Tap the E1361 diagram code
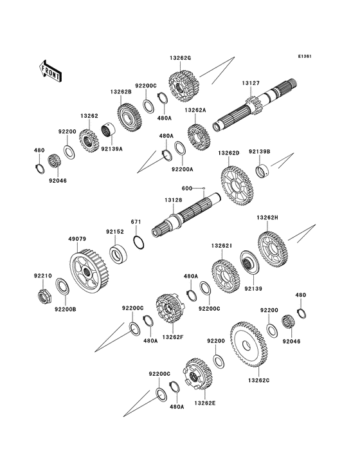point(305,56)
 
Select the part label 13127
point(251,83)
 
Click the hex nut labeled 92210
point(44,297)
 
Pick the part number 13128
point(173,200)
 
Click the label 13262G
point(180,58)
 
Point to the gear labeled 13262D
point(237,186)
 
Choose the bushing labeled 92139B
point(262,171)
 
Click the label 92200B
point(66,309)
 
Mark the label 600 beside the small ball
point(187,189)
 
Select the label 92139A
point(112,149)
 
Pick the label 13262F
point(172,337)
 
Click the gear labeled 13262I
point(225,276)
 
